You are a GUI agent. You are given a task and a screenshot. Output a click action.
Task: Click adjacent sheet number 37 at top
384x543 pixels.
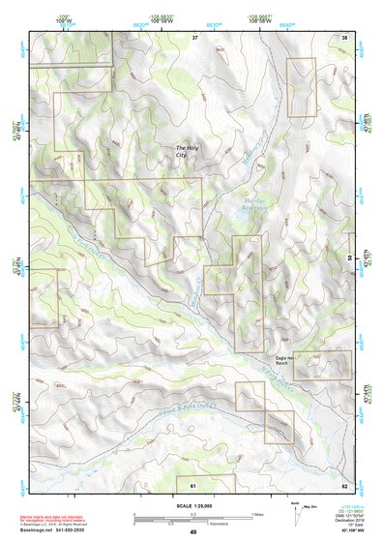pos(193,37)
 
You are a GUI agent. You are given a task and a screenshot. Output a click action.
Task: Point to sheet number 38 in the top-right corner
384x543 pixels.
pos(344,37)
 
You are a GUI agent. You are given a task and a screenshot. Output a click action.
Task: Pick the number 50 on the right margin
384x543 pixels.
pos(349,257)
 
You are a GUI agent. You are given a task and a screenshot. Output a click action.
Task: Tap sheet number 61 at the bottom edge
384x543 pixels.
pos(192,484)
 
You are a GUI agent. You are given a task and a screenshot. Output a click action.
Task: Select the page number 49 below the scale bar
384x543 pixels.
pos(193,532)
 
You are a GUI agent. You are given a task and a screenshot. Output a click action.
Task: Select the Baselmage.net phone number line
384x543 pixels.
pos(58,530)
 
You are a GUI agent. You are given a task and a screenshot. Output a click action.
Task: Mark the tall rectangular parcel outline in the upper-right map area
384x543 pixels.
pos(303,87)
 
